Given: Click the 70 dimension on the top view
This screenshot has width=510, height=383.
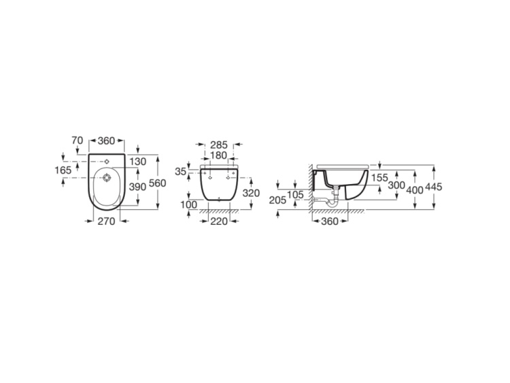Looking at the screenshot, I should tap(77, 140).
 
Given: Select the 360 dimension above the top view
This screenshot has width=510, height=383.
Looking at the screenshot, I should tap(107, 140).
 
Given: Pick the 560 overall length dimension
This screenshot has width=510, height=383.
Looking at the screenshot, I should tap(158, 183).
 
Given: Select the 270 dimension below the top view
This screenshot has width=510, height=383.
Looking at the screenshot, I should tap(106, 221).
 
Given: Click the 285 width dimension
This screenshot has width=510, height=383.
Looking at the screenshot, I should tap(218, 145).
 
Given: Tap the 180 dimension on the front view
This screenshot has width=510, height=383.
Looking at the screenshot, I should tap(218, 155).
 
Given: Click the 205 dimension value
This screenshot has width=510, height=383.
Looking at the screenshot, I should tap(277, 199).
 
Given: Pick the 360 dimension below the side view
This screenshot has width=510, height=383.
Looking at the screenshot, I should tap(330, 221).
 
